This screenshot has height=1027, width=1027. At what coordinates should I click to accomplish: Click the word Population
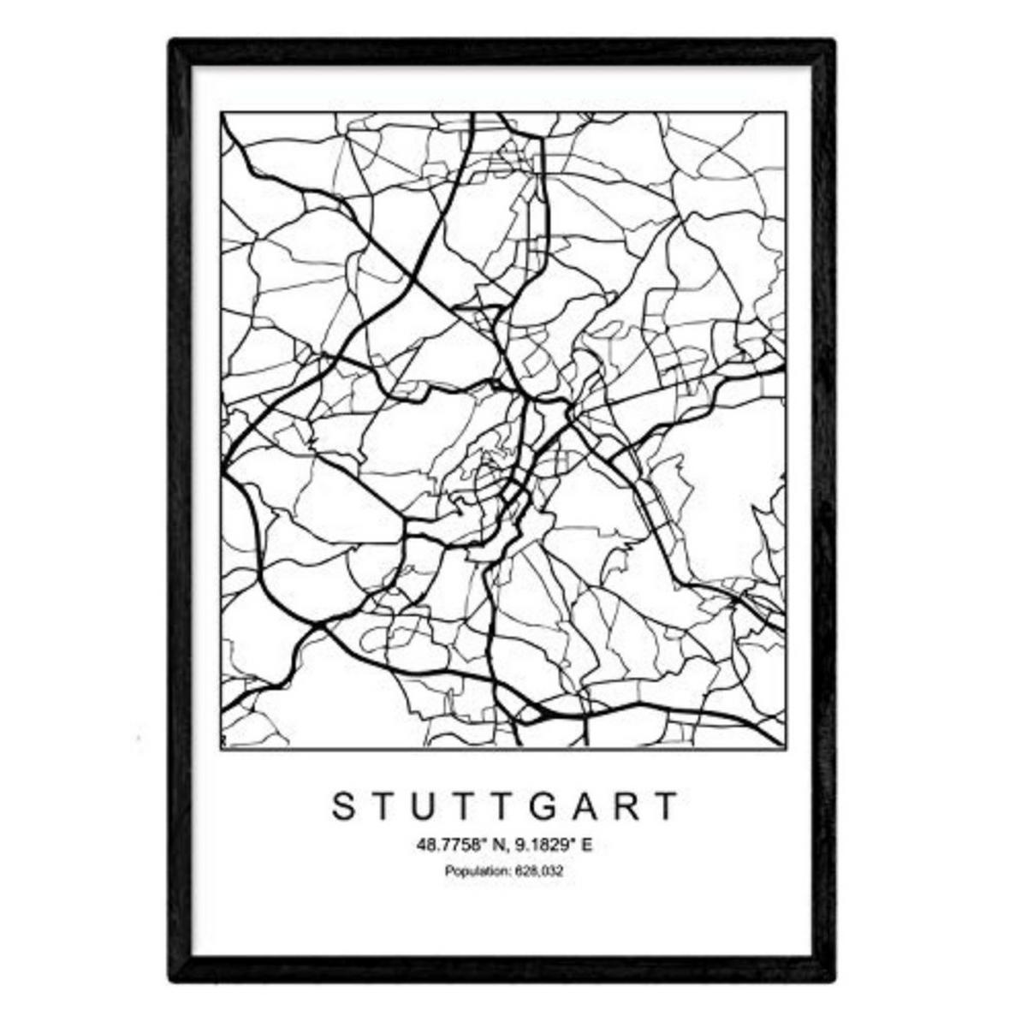473,871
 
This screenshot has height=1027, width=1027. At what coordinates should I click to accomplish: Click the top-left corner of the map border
221,112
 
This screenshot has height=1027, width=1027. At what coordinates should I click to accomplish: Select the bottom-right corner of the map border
787,750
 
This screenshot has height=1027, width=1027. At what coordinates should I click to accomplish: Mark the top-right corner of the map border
787,112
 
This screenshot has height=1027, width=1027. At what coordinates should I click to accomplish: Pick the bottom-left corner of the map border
221,750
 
